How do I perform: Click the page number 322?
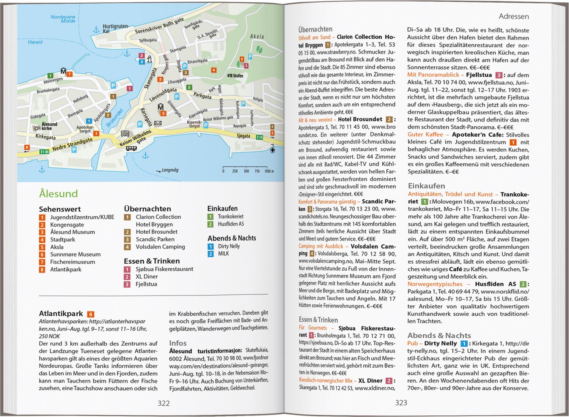tap(163, 403)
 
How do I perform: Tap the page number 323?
tap(401, 403)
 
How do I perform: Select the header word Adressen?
tap(514, 16)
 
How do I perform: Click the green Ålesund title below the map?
tap(58, 194)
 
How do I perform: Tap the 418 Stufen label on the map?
tap(235, 76)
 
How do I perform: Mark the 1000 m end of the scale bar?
tap(269, 171)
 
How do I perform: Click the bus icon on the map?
tap(131, 148)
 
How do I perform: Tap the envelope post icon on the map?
tap(158, 123)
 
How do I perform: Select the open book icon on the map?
tap(125, 134)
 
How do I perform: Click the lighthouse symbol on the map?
tap(149, 59)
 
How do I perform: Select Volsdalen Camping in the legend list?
tap(160, 247)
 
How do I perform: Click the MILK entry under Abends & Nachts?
tap(223, 253)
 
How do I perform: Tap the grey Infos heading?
tap(178, 343)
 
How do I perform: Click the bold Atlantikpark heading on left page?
tap(61, 314)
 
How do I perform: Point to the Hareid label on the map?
tap(35, 42)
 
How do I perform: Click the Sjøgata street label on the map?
tap(243, 135)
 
